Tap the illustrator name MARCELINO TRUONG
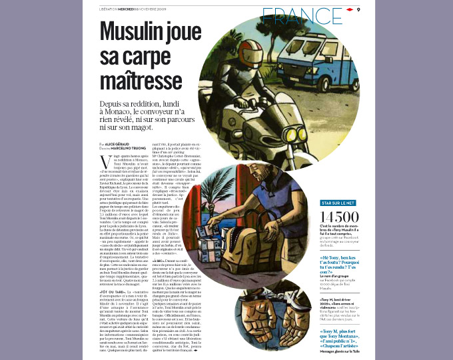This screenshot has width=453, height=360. point(129,147)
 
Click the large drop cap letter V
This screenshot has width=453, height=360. point(103,161)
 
